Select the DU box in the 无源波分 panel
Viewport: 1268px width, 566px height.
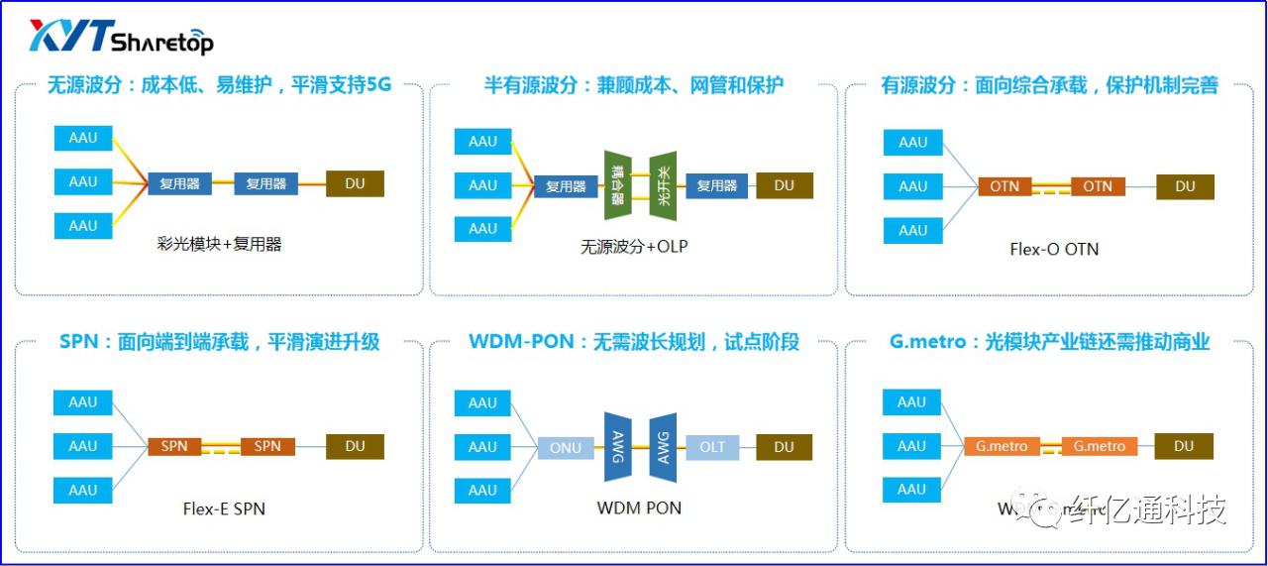click(x=355, y=183)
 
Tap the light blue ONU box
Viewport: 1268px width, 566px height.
click(x=566, y=447)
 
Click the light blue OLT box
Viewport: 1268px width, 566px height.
click(x=712, y=447)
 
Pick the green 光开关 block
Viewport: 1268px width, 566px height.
click(x=663, y=185)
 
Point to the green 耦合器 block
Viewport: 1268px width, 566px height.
click(x=618, y=185)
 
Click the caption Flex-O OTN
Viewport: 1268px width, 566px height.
click(x=1054, y=249)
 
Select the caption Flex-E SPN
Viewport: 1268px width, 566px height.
click(x=224, y=509)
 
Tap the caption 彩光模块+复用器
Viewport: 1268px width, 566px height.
click(x=219, y=244)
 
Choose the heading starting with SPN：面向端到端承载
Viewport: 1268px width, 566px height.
click(x=219, y=342)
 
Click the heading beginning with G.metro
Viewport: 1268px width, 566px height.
click(x=1049, y=342)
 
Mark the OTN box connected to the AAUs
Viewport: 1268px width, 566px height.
click(x=1004, y=186)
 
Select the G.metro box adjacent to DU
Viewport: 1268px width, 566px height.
click(x=1100, y=446)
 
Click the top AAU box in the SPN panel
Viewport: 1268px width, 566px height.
click(x=83, y=402)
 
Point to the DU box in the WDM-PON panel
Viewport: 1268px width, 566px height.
click(x=785, y=447)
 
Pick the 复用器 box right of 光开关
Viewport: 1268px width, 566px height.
click(x=716, y=185)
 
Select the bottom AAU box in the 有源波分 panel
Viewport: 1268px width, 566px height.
click(x=912, y=230)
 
